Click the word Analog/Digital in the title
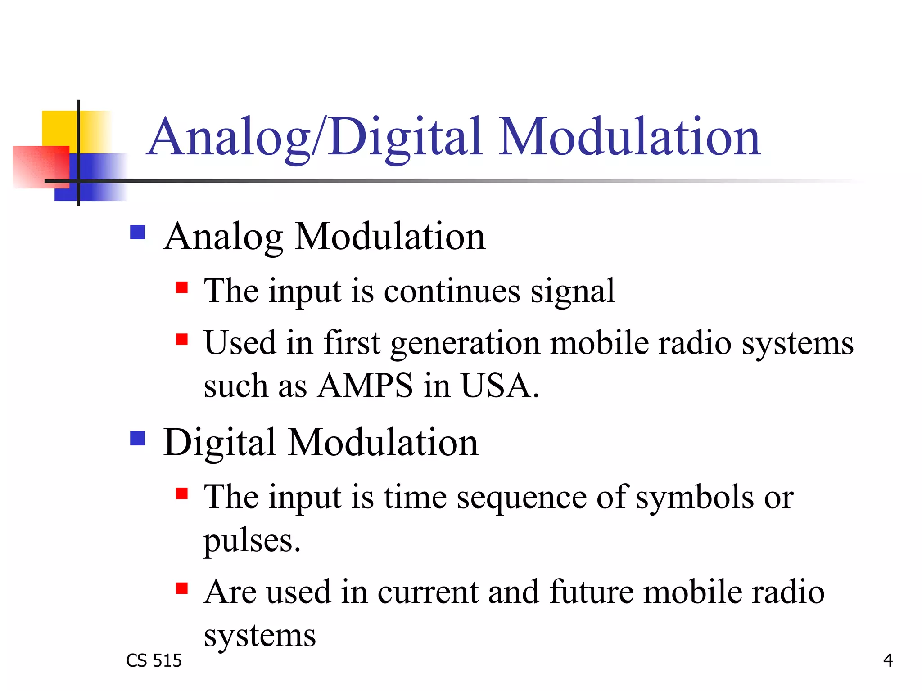point(315,137)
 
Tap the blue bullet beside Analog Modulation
point(137,233)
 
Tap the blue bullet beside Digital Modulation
point(137,438)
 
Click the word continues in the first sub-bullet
point(452,291)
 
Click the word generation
point(465,343)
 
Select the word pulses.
point(251,541)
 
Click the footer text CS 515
point(154,660)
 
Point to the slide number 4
point(888,660)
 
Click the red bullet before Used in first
point(182,339)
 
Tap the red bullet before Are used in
point(182,588)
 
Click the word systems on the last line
point(260,636)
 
